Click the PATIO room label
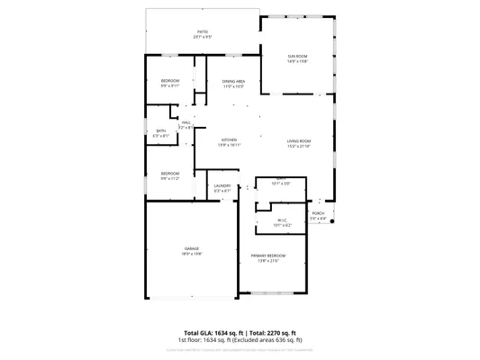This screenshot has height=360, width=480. point(203,31)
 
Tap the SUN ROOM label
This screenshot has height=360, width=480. point(297,56)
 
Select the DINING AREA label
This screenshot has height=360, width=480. point(234,82)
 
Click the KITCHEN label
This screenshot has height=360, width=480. point(229,140)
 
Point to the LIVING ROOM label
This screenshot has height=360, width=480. point(299,140)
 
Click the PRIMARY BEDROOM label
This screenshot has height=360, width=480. point(269,256)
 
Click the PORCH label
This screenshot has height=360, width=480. point(319,213)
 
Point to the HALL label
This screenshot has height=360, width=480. point(186,122)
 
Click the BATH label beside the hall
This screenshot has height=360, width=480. point(160,130)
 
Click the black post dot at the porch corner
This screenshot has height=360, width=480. point(332,222)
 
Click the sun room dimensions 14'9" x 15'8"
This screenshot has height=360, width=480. point(297,61)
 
